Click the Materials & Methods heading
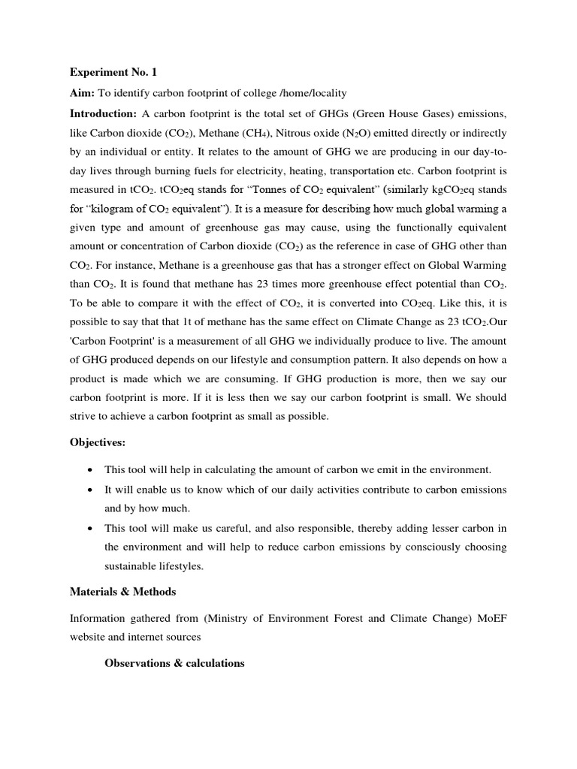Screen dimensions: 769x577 pos(122,592)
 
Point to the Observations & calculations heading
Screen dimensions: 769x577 pos(174,663)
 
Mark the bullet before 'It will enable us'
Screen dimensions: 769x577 pos(90,490)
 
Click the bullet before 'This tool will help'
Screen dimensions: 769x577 pos(90,470)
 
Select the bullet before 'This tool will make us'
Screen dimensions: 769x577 pos(90,528)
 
